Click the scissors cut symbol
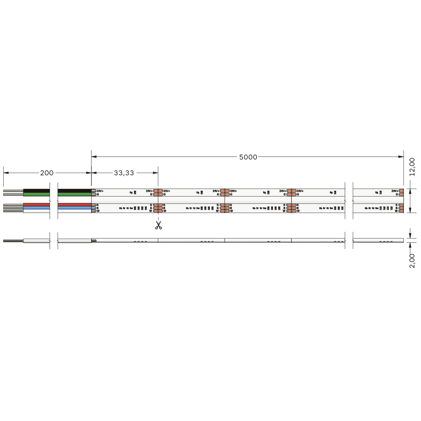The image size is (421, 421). click(x=159, y=225)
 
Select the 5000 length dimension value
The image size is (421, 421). click(x=248, y=157)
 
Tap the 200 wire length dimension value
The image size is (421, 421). click(x=47, y=173)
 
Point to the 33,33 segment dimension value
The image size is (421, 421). click(x=124, y=173)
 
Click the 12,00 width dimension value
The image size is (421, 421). click(x=412, y=167)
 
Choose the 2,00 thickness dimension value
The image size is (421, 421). click(x=412, y=260)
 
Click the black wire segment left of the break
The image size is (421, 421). click(x=36, y=191)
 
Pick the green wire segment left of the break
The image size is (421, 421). click(x=36, y=194)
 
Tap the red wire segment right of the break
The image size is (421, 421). click(x=74, y=205)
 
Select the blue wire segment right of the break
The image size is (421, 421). click(x=74, y=208)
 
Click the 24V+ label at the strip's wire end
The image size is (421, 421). click(x=100, y=191)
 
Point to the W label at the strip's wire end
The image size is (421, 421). click(x=98, y=211)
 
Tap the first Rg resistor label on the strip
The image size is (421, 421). click(x=131, y=192)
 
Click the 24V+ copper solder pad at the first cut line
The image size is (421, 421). click(x=158, y=191)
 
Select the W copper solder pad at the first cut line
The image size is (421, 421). click(x=158, y=211)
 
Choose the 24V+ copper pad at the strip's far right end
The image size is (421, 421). click(x=401, y=191)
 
